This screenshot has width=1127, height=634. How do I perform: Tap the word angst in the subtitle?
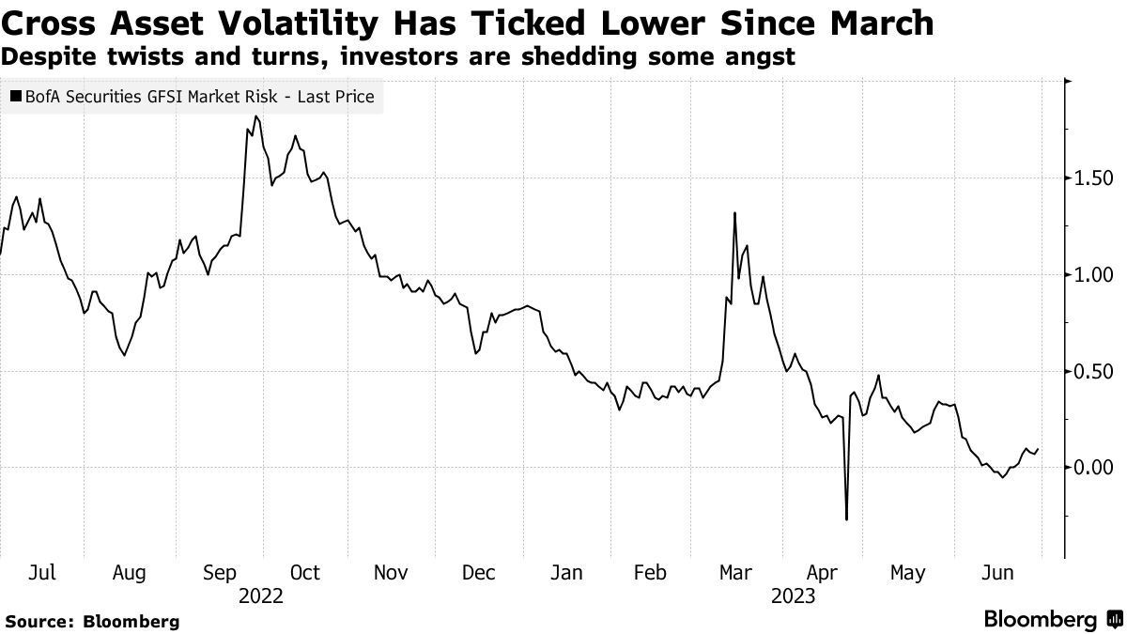click(x=756, y=56)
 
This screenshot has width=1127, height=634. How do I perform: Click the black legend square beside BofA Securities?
click(x=16, y=96)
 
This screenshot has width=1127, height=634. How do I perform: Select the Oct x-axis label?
click(x=304, y=573)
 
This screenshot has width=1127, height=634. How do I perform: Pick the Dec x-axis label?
click(x=480, y=573)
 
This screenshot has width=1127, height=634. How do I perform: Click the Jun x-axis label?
click(x=997, y=573)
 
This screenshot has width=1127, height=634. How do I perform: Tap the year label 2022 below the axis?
click(x=261, y=595)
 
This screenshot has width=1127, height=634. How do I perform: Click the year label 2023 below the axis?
click(x=794, y=595)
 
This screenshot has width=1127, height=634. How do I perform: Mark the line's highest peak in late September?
click(x=256, y=116)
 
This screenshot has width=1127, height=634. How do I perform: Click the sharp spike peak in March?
click(x=734, y=213)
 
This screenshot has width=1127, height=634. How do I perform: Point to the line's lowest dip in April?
click(x=846, y=519)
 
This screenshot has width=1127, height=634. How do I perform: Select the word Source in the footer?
click(x=39, y=621)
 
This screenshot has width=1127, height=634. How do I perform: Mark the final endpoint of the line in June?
click(x=1038, y=449)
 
